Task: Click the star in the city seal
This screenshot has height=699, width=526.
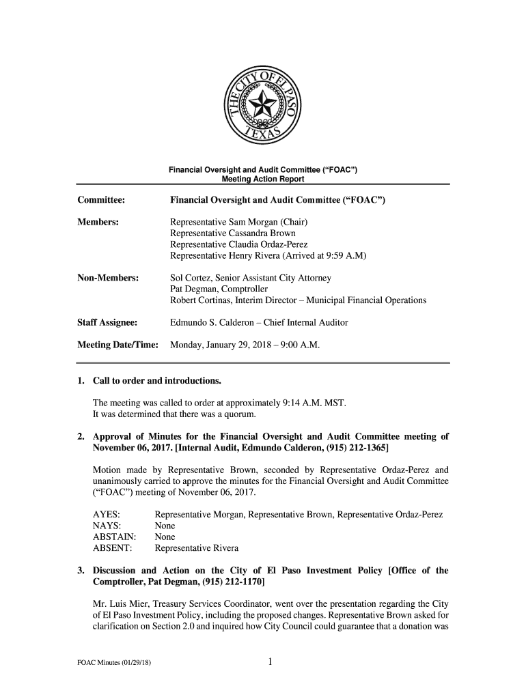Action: point(262,105)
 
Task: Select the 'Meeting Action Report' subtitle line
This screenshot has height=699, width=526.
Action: point(262,179)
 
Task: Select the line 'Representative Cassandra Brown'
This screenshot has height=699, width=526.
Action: point(233,233)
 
